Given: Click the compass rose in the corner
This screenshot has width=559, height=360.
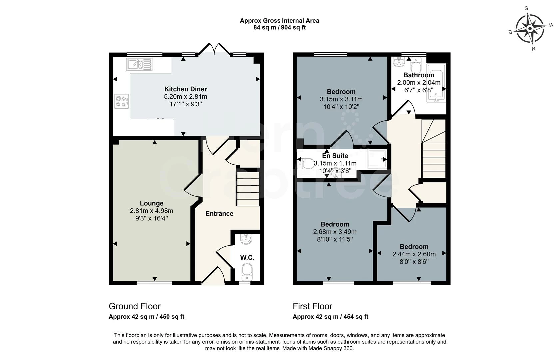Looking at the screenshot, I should coord(530,29).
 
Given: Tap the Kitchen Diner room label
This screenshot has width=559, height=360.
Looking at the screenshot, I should coord(185,89).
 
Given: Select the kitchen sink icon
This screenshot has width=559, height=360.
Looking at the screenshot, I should coord(139,64).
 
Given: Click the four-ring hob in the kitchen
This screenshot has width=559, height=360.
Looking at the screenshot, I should coord(122,101).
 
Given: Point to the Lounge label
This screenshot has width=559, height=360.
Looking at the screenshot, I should coord(151,203).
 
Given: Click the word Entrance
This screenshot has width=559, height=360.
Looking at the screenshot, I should coord(219,214).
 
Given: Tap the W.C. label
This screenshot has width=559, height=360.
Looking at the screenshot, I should coord(247,258).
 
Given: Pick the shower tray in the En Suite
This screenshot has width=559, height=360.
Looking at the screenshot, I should coord(377,159).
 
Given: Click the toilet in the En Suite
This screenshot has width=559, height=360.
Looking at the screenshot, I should coord(307,164).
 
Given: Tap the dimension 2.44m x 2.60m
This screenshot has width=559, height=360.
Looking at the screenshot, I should coord(414,254).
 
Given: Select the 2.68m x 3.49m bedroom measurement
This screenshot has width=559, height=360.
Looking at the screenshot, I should coord(335,232).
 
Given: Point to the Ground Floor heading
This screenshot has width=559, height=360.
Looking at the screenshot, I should coord(135,306).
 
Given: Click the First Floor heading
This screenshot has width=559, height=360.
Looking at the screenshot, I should coord(312,306).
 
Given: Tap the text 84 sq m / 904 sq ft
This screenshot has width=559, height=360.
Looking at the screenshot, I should coord(279,28).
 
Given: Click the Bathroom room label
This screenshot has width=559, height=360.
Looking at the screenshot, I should coord(418,75).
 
